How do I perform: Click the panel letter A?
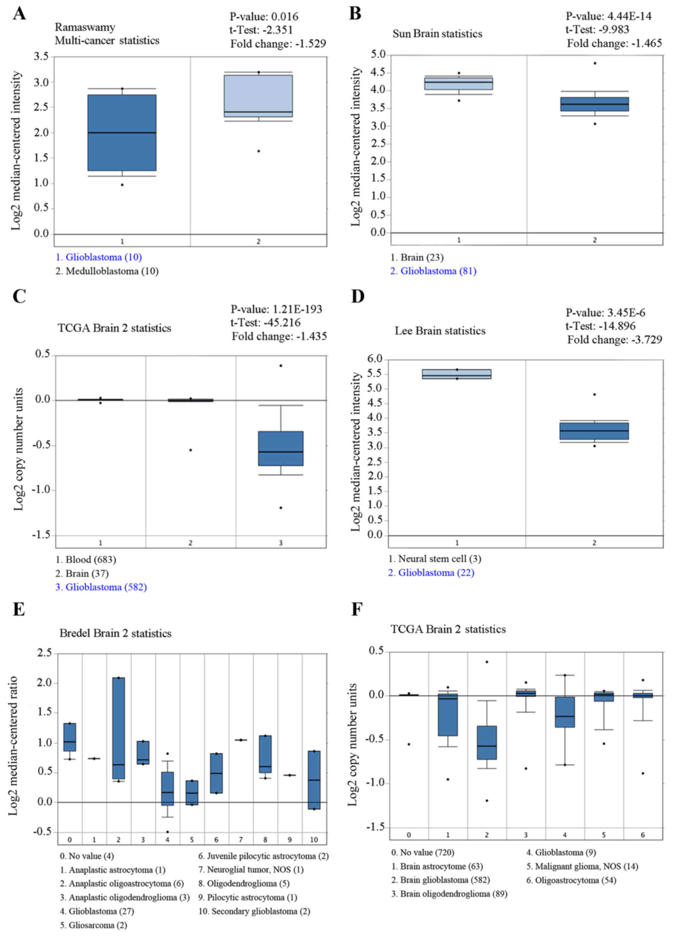(x=19, y=14)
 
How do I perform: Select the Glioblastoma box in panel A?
(x=122, y=133)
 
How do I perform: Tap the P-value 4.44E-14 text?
(x=608, y=16)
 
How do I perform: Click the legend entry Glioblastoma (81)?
(x=433, y=271)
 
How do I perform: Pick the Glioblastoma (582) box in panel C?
(x=281, y=449)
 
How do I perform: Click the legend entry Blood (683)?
(x=86, y=559)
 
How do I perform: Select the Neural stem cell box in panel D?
(x=457, y=374)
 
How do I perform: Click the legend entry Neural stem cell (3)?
(x=435, y=558)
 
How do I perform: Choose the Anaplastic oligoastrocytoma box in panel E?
(x=119, y=728)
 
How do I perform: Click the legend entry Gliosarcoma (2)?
(x=94, y=925)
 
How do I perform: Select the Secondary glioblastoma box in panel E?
(x=314, y=779)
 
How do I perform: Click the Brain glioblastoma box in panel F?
(x=487, y=742)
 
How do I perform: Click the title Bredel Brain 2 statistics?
(x=115, y=633)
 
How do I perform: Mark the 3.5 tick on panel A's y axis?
(x=41, y=56)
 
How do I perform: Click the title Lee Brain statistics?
(x=440, y=331)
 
